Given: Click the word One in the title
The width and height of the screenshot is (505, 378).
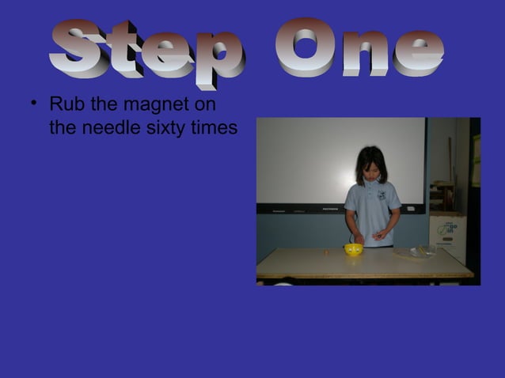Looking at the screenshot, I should click(359, 49).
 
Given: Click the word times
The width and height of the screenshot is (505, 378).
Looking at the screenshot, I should click(214, 127).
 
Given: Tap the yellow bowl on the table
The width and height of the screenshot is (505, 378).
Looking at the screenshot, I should click(353, 250).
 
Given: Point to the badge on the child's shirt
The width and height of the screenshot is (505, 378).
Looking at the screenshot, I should click(382, 195).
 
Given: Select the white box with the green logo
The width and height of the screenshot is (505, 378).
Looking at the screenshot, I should click(448, 236).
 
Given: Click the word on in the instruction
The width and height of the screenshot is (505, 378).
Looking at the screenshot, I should click(207, 104).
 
